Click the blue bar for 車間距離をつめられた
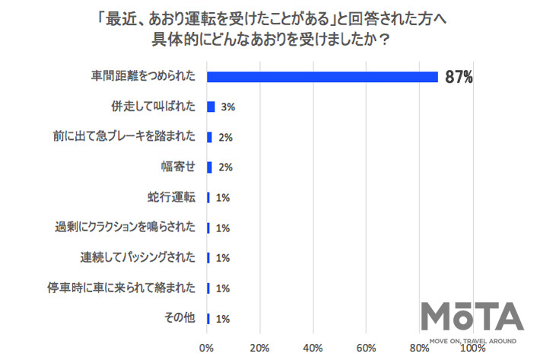click(322, 77)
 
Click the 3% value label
click(227, 107)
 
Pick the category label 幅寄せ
click(182, 167)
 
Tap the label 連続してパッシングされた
click(139, 258)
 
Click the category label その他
click(182, 318)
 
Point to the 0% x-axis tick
click(207, 348)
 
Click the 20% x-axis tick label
click(260, 348)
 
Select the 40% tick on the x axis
click(313, 348)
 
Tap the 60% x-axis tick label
click(367, 348)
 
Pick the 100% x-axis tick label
click(473, 348)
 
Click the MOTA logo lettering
click(473, 314)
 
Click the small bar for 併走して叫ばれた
click(211, 107)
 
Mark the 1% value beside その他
click(223, 318)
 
